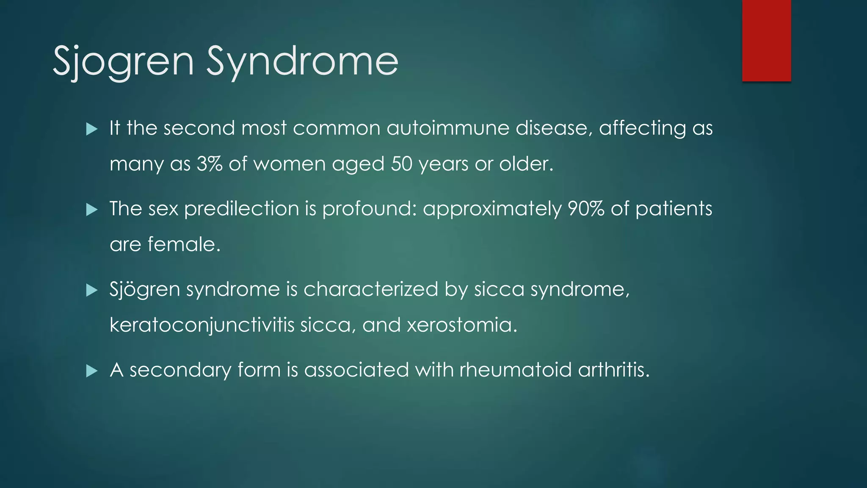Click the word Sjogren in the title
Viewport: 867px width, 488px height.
coord(123,62)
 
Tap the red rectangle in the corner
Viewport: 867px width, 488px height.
coord(766,41)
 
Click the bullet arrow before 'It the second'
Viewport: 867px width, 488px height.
coord(92,129)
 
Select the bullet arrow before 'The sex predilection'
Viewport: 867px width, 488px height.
coord(92,209)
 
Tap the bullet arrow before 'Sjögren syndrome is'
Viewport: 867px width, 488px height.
coord(92,290)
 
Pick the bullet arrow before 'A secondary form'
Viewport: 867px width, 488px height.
coord(92,371)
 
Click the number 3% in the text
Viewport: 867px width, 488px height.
coord(210,164)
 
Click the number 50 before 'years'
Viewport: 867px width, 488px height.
coord(401,164)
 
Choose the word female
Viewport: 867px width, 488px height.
coord(184,244)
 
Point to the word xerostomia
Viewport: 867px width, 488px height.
coord(462,325)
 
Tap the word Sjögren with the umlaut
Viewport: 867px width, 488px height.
coord(145,290)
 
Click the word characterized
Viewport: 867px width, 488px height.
coord(370,290)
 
